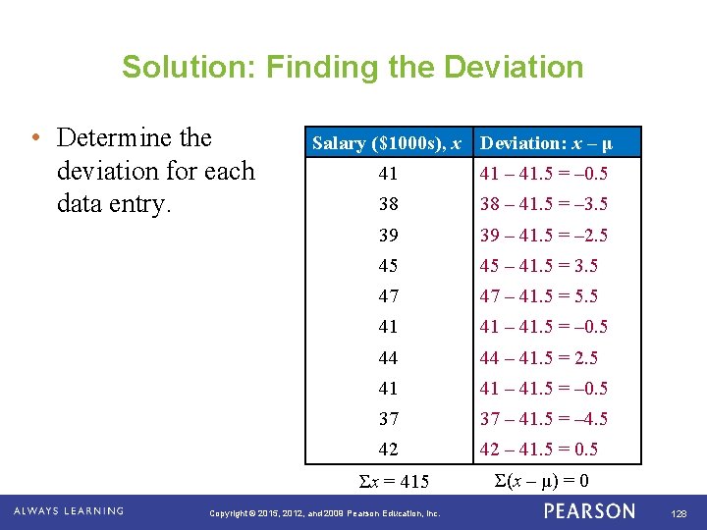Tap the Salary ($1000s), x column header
(387, 143)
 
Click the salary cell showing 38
(389, 204)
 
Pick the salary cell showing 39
(389, 236)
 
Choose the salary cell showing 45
(389, 266)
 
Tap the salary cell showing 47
(389, 296)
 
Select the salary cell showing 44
(389, 357)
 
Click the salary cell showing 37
(389, 419)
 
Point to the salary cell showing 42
(389, 450)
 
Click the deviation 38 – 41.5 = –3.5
(543, 204)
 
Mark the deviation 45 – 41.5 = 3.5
(539, 266)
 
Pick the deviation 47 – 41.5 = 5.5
(539, 296)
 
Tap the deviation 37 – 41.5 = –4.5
(543, 419)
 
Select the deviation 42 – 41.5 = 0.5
(539, 450)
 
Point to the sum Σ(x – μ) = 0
(542, 481)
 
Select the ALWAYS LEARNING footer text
(69, 511)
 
